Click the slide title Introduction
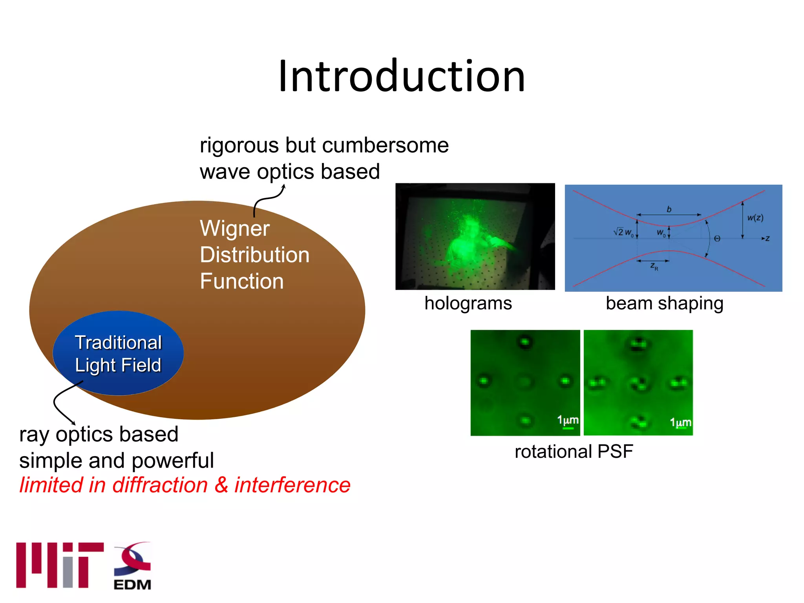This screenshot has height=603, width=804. point(401,76)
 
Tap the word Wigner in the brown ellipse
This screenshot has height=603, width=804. point(234,229)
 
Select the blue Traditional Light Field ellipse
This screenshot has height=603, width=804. point(118,353)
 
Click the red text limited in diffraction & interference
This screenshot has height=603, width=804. point(185,485)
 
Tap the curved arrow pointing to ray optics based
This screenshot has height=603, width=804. point(63,404)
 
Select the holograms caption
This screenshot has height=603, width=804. point(468,303)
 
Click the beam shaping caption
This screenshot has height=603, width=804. point(664,303)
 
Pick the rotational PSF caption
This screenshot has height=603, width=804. point(574,451)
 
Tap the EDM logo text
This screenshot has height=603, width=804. point(132,585)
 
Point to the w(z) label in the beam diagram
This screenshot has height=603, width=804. point(755,218)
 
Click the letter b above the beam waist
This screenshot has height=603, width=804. point(669,209)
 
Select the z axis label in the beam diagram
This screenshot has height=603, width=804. point(767,238)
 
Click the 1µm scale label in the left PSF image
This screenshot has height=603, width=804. point(568,420)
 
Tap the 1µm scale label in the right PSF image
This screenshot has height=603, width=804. point(680,422)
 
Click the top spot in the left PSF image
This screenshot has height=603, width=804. point(525,342)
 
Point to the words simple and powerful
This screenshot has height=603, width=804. point(116,460)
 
